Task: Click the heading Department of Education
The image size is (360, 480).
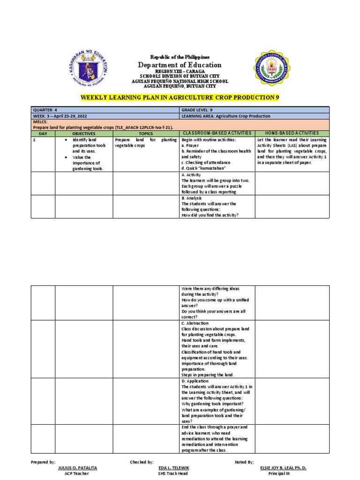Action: (180, 65)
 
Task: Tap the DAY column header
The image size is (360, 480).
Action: (43, 134)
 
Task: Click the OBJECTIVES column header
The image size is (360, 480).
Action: (84, 134)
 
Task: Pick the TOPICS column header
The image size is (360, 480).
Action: (146, 134)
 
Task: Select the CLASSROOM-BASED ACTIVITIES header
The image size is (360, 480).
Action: (217, 134)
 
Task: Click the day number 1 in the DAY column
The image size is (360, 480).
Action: (34, 140)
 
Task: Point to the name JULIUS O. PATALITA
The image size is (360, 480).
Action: (77, 468)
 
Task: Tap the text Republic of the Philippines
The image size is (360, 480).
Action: (180, 56)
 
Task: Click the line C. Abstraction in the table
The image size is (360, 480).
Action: (196, 323)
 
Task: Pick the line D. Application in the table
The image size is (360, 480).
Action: (196, 381)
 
